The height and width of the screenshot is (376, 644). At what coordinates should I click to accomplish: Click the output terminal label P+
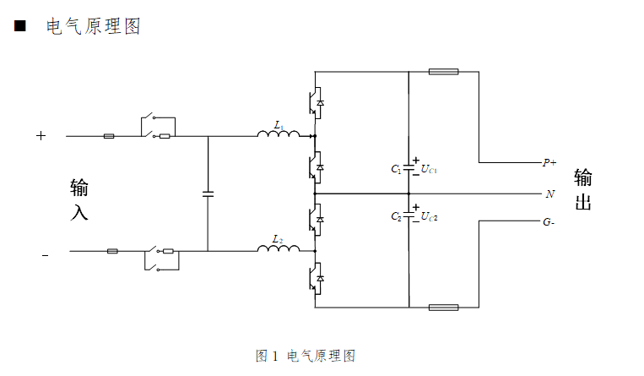coord(549,161)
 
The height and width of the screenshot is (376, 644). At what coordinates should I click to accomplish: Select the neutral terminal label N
coord(549,193)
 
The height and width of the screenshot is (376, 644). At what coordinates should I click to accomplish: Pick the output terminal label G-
coord(549,223)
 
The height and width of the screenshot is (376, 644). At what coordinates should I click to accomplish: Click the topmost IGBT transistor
coord(317,102)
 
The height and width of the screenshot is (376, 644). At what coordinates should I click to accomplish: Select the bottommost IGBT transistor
coord(317,277)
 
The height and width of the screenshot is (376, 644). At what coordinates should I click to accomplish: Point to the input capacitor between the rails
coord(208,193)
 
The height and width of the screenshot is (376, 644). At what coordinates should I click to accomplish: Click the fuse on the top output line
coord(443,72)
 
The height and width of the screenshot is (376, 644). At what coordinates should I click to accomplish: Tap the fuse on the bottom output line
coord(443,308)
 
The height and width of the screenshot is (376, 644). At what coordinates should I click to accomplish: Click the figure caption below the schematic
coord(306,356)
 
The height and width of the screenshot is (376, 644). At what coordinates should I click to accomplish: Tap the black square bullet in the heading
coord(19,27)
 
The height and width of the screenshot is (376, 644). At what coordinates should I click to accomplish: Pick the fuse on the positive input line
coord(109,135)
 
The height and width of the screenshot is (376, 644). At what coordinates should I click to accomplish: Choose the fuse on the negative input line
coord(113,251)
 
